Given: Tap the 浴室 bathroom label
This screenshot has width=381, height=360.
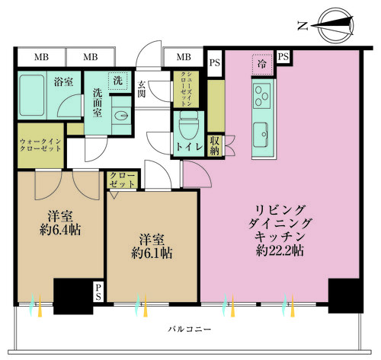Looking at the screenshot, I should [62, 81].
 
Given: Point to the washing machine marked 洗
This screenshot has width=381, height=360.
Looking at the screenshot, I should [118, 80].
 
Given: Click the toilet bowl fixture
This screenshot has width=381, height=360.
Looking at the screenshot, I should [189, 123].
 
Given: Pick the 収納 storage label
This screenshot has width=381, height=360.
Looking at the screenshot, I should [215, 145].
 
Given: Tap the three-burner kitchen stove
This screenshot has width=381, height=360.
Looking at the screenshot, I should [264, 97].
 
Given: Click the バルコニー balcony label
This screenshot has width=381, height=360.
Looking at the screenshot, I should [191, 329].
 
